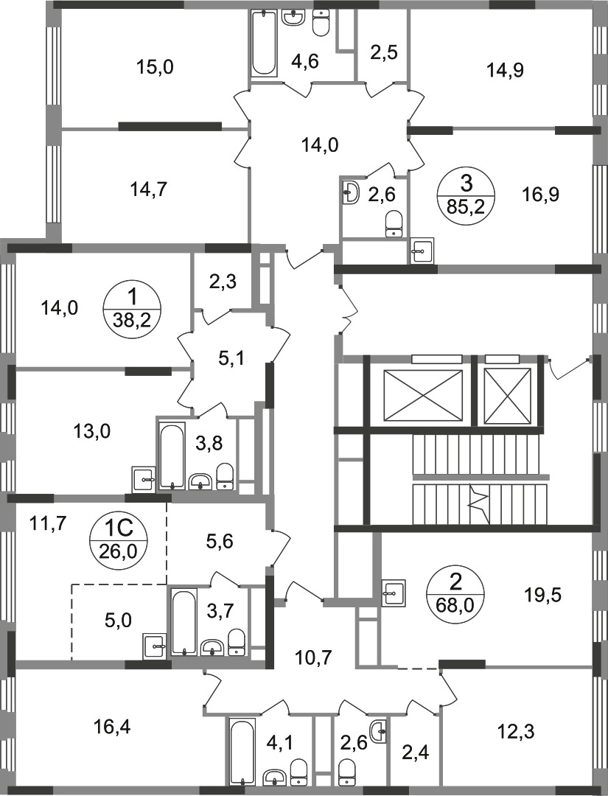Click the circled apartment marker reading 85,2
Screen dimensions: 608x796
click(467, 195)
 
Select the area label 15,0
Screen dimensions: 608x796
click(155, 66)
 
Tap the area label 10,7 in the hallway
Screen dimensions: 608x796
click(313, 658)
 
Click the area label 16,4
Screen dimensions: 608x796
click(112, 727)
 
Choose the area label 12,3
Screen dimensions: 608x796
click(517, 732)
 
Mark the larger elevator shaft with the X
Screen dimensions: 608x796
click(424, 397)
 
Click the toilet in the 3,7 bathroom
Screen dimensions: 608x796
click(236, 642)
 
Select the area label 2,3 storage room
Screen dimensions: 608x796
click(223, 282)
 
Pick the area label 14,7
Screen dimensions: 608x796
click(149, 190)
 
